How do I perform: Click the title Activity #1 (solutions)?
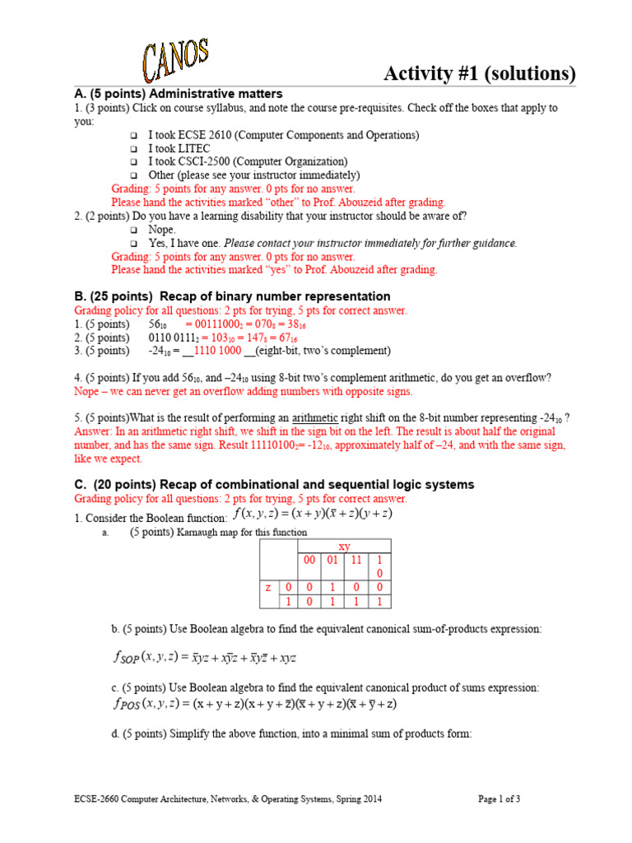[x=480, y=73]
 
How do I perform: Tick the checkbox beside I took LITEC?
[x=134, y=149]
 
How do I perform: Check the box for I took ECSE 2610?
[x=134, y=136]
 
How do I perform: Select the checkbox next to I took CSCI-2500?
[x=134, y=162]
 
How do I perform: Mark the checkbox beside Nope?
[x=134, y=231]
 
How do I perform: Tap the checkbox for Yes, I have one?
[x=134, y=245]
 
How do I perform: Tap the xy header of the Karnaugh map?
[x=344, y=547]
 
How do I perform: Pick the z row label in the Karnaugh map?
[x=267, y=587]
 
